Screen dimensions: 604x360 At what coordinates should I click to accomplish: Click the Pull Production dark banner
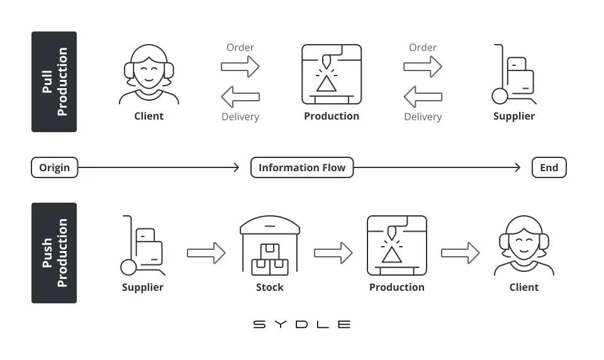point(54,82)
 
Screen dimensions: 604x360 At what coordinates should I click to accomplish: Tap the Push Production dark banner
point(54,253)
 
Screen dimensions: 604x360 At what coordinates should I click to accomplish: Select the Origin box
point(54,167)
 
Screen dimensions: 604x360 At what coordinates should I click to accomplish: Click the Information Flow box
point(302,167)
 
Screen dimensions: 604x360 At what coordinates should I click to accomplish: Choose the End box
point(549,167)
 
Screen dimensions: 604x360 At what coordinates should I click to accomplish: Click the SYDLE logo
point(301,324)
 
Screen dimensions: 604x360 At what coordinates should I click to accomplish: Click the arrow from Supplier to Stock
point(206,253)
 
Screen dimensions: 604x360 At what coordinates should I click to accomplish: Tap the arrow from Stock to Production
point(333,253)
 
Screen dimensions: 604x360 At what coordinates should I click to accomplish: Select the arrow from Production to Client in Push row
point(461,253)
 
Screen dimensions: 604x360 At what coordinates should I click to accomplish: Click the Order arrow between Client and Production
point(240,67)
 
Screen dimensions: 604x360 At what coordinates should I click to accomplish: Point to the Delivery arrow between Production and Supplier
point(423,97)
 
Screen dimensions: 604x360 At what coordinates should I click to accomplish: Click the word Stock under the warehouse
point(270,287)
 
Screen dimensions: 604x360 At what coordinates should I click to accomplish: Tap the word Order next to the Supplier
point(423,47)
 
